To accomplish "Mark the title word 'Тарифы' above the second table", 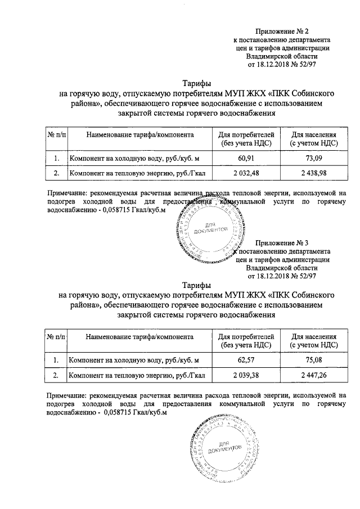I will [196, 285].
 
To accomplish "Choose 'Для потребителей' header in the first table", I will [245, 135].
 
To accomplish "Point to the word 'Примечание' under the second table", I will [67, 395].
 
